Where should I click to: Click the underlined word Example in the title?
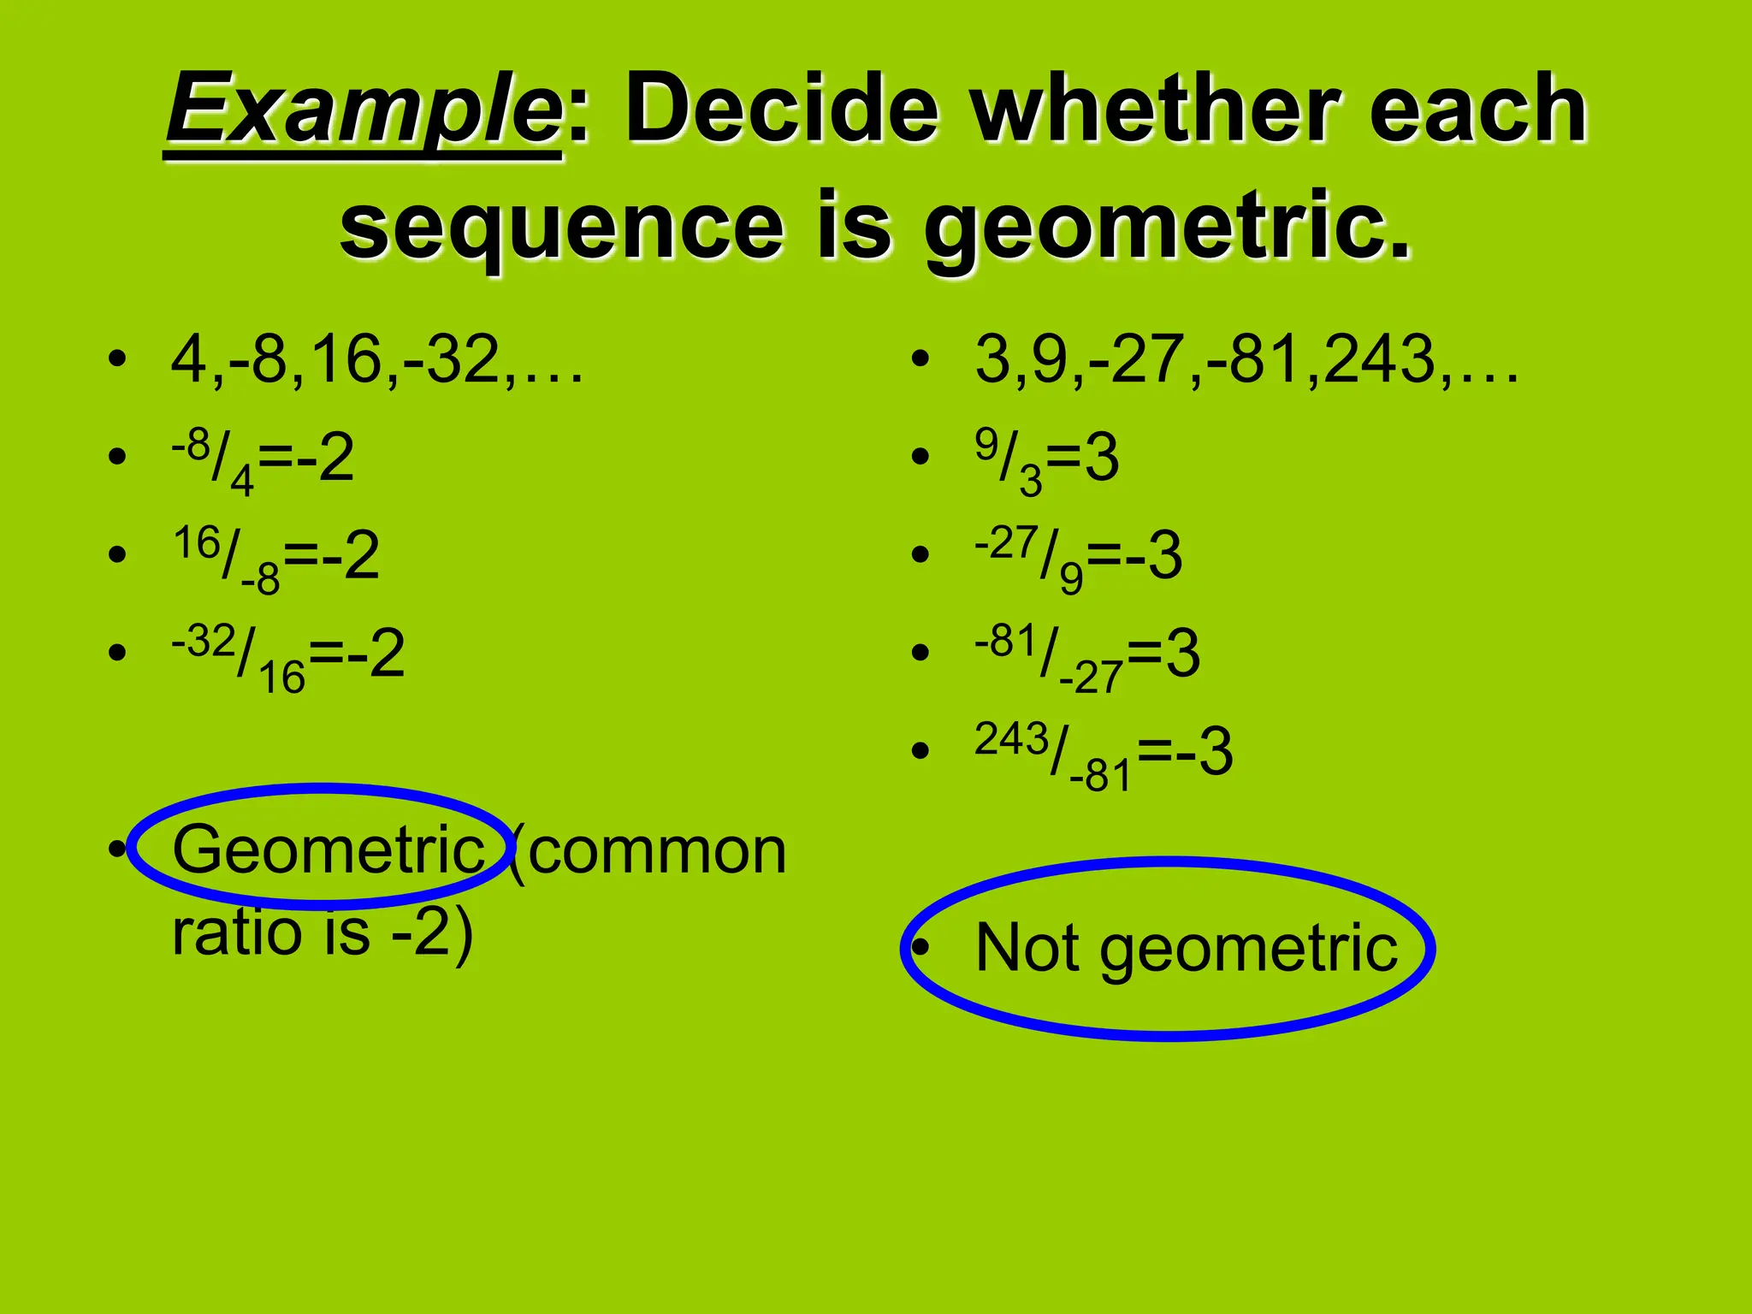364,111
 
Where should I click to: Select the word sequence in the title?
561,226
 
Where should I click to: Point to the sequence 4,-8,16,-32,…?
376,359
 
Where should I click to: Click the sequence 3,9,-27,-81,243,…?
1246,359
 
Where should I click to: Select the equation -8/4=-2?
262,459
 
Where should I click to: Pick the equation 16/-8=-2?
275,557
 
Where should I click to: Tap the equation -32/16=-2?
287,655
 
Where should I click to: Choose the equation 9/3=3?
1046,459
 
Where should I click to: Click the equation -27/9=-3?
1078,557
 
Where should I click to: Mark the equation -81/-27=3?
1086,655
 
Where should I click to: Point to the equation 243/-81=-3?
1104,754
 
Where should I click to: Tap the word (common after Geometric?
648,851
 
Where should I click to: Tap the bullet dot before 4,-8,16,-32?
117,358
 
